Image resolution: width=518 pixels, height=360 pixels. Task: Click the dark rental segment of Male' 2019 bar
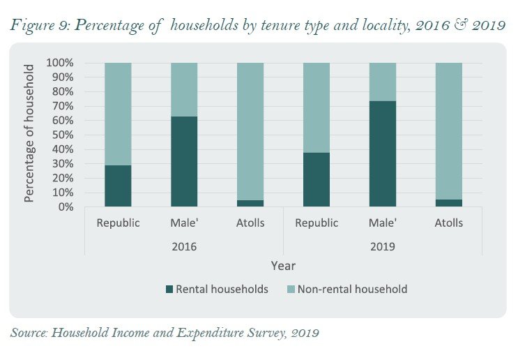point(383,153)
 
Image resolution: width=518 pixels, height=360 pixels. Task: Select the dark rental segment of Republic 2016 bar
point(118,186)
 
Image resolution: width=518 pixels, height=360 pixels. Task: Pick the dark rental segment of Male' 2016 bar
point(184,161)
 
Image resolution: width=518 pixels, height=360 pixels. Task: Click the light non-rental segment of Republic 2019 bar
point(317,107)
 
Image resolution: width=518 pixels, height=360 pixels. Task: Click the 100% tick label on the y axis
point(60,63)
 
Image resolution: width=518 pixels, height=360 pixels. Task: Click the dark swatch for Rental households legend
point(168,289)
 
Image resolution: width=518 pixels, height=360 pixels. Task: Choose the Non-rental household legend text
point(352,289)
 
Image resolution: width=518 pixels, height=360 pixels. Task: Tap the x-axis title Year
point(283,266)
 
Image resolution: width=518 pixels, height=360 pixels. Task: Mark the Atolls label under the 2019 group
point(449,223)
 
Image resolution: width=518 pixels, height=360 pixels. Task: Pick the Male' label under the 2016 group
point(184,223)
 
